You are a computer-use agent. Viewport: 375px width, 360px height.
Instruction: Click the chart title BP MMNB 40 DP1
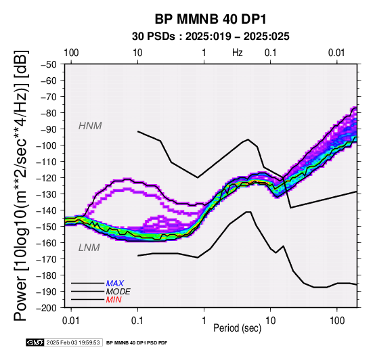211,19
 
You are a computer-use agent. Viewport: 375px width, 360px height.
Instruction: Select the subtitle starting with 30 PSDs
211,37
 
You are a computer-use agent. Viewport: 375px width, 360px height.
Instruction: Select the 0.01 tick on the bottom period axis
71,321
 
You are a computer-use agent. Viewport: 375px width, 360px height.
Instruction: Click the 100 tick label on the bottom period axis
337,321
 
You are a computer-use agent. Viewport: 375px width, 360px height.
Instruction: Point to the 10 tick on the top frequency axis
137,53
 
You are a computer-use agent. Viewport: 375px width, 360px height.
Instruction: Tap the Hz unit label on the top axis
237,53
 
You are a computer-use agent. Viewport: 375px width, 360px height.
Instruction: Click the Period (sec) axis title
237,328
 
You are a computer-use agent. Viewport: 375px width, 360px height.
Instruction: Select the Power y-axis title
20,185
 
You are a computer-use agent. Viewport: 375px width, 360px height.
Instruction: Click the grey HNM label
90,126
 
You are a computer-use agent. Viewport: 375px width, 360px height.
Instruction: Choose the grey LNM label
89,248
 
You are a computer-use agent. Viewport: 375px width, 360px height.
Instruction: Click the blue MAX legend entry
115,284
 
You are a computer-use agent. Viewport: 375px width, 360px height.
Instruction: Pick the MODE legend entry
118,292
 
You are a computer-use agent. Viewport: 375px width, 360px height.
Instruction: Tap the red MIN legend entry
114,300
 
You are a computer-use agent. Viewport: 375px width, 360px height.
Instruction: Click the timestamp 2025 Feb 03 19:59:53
73,342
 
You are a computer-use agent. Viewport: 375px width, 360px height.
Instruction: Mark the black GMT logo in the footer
35,342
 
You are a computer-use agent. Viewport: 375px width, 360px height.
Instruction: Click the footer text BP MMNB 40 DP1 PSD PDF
137,343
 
